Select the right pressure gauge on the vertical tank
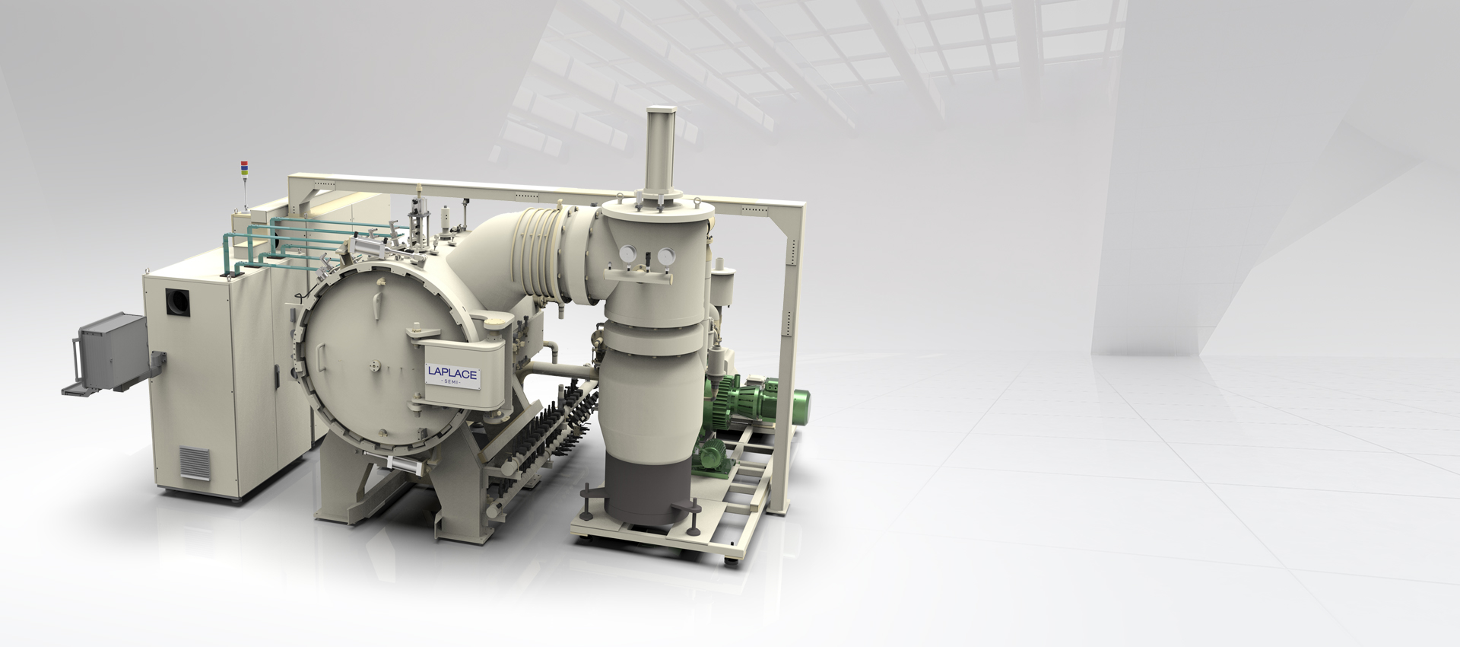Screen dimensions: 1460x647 point(666,256)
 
